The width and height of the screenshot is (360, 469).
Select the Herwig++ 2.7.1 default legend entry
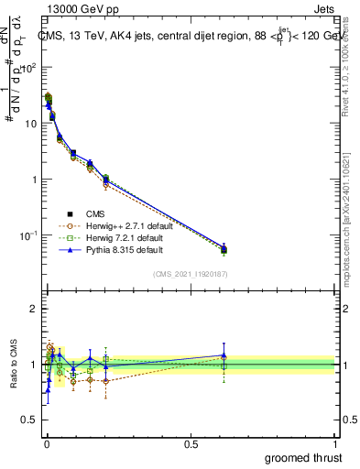(x=127, y=226)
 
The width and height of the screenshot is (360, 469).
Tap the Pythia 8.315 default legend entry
(x=125, y=250)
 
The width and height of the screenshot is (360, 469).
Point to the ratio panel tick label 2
(x=34, y=309)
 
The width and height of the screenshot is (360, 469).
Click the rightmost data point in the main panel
(x=224, y=248)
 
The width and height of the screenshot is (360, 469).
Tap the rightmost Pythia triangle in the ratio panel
(x=224, y=355)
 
